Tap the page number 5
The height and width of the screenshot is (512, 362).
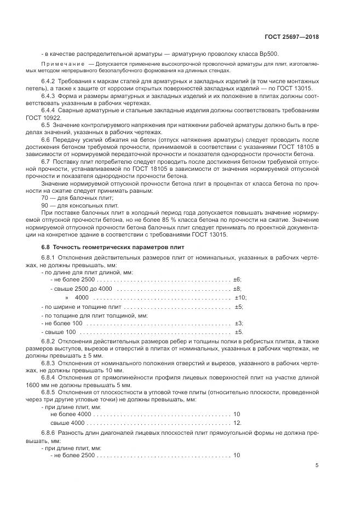[x=317, y=465]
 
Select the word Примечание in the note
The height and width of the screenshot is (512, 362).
[x=66, y=64]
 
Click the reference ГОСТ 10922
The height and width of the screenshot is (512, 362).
[x=56, y=117]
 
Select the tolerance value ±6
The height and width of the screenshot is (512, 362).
[x=237, y=280]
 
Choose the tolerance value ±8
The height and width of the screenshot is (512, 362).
[x=237, y=288]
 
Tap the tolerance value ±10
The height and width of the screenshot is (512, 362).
[x=240, y=297]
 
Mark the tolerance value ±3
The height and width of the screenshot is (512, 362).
[x=238, y=324]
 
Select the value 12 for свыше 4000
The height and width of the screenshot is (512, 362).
[x=237, y=423]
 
